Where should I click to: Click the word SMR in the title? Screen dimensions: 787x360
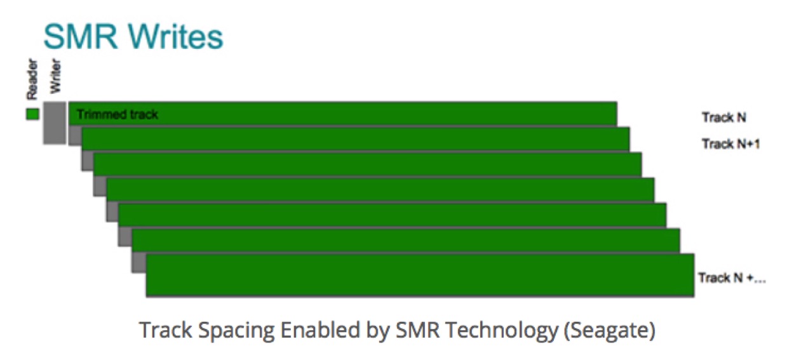pyautogui.click(x=81, y=37)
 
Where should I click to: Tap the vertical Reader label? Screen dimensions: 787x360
pyautogui.click(x=32, y=79)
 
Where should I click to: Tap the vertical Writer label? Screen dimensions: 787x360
pyautogui.click(x=55, y=76)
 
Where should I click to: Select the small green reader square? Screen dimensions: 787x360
pyautogui.click(x=32, y=114)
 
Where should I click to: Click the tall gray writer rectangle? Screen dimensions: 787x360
pyautogui.click(x=55, y=123)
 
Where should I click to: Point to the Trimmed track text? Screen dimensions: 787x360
pyautogui.click(x=118, y=114)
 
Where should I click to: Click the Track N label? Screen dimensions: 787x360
pyautogui.click(x=723, y=117)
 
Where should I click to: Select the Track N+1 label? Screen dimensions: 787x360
pyautogui.click(x=730, y=143)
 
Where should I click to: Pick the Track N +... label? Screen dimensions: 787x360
pyautogui.click(x=732, y=278)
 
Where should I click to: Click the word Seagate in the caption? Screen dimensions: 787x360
pyautogui.click(x=610, y=331)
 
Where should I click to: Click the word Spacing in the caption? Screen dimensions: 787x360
pyautogui.click(x=236, y=331)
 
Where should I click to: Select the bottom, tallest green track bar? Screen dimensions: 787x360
pyautogui.click(x=420, y=275)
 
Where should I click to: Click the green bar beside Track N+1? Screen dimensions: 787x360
pyautogui.click(x=356, y=139)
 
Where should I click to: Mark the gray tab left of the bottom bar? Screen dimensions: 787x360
pyautogui.click(x=139, y=262)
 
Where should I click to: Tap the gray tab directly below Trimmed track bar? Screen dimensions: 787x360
pyautogui.click(x=75, y=135)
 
